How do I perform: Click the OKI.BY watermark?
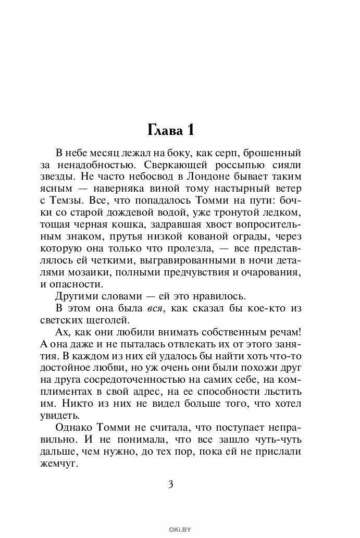[x=180, y=530]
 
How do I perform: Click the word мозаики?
[x=81, y=272]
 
